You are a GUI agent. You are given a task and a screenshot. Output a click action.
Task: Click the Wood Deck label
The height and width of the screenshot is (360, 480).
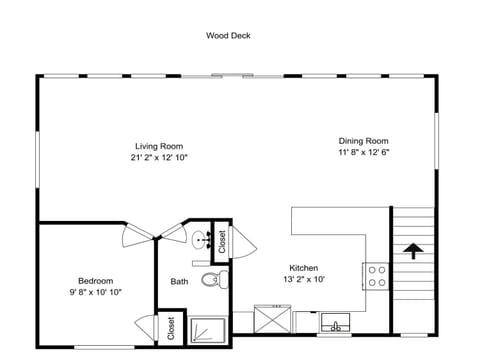[228, 36]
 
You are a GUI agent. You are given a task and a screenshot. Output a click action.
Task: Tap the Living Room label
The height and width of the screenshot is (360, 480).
[159, 146]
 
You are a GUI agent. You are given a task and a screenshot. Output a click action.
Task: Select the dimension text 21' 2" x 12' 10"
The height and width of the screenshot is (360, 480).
[159, 158]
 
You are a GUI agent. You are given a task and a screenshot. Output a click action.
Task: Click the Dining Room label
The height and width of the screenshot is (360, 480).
[364, 141]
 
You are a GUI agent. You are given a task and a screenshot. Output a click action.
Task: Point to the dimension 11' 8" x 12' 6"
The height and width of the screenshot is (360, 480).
[364, 152]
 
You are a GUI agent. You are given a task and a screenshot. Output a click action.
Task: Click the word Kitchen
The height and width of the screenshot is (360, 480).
[304, 268]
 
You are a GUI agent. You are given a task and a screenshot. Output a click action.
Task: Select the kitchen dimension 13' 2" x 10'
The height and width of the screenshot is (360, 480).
[304, 279]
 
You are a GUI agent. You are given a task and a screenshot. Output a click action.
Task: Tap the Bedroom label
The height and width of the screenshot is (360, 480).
[96, 281]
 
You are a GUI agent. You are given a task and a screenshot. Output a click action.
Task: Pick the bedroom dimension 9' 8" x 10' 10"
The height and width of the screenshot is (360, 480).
[96, 292]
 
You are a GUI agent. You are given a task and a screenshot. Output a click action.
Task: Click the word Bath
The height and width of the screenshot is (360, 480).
[179, 282]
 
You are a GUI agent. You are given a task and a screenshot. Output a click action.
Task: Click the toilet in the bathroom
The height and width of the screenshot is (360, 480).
[215, 279]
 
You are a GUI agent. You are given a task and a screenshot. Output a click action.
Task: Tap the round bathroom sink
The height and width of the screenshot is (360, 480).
[201, 240]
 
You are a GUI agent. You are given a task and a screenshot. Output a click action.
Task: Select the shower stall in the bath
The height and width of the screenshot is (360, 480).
[207, 330]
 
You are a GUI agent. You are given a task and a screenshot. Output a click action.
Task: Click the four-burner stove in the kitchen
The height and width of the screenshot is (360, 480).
[376, 276]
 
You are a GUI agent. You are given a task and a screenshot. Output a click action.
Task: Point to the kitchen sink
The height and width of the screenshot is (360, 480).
[335, 322]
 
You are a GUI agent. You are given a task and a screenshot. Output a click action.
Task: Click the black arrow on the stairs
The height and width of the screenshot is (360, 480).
[413, 251]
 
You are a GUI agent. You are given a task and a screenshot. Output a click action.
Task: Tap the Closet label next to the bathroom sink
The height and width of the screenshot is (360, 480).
[222, 242]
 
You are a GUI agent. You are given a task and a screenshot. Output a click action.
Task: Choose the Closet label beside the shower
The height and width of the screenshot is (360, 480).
[171, 328]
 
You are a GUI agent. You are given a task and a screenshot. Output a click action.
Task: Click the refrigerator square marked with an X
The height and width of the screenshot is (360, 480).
[272, 319]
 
